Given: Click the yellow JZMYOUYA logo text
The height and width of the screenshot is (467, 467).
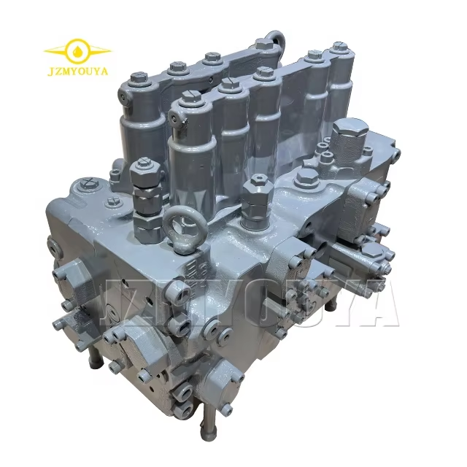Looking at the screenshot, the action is tap(77, 72).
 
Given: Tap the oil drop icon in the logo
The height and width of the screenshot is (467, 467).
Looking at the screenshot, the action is tap(78, 51).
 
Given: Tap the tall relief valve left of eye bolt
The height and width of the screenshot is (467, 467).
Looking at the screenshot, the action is tap(146, 196).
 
